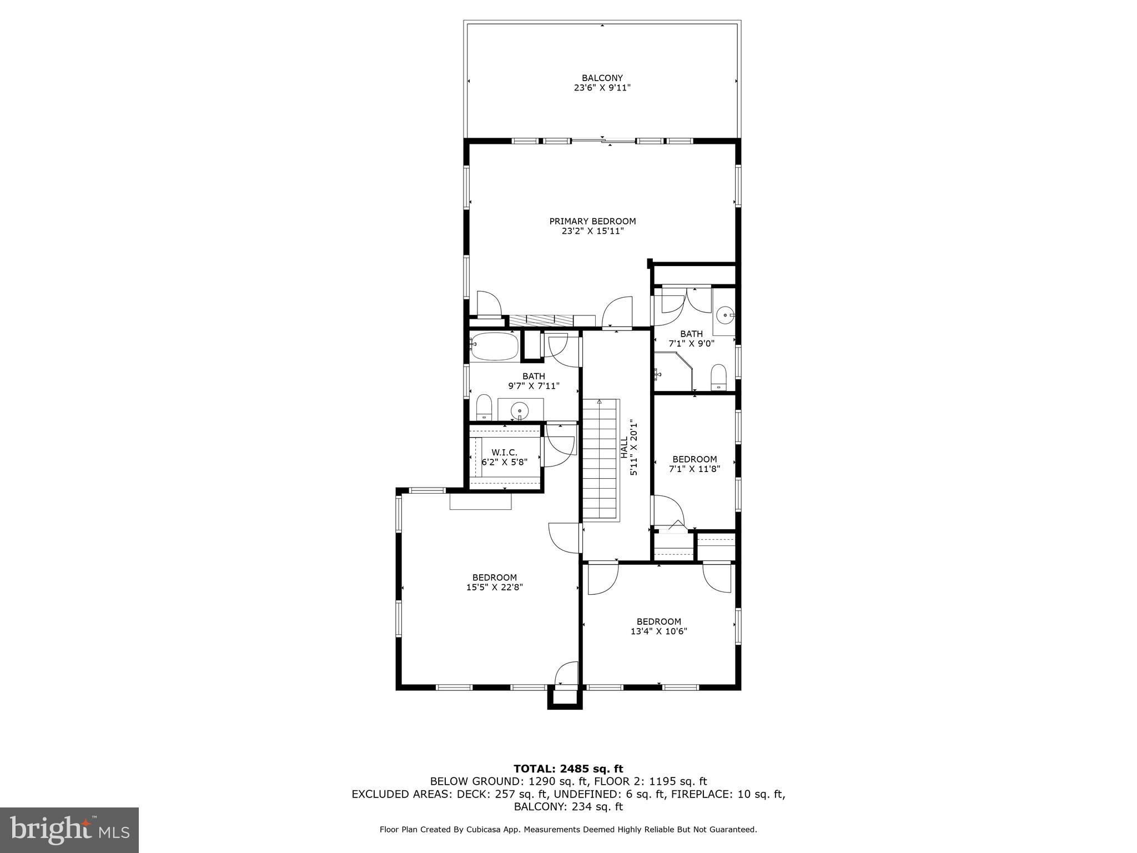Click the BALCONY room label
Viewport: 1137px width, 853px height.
(602, 78)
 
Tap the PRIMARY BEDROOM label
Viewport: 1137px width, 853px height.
(592, 221)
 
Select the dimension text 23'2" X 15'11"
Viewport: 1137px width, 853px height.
(592, 231)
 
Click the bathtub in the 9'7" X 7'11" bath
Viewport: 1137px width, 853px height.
(494, 347)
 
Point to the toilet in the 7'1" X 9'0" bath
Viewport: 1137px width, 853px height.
(718, 377)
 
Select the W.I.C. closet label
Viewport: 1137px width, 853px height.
(504, 453)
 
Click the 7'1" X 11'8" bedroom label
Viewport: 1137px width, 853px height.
(695, 459)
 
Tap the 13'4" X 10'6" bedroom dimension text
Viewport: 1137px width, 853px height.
(659, 631)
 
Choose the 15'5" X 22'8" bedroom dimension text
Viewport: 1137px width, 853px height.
(494, 587)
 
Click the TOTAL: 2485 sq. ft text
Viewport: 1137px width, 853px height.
(568, 769)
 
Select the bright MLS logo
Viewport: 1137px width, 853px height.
(69, 830)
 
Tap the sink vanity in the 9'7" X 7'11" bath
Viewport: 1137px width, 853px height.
(520, 410)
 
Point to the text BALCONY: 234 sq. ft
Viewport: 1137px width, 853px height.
(568, 806)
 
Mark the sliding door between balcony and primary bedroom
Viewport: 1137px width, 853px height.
(603, 141)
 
